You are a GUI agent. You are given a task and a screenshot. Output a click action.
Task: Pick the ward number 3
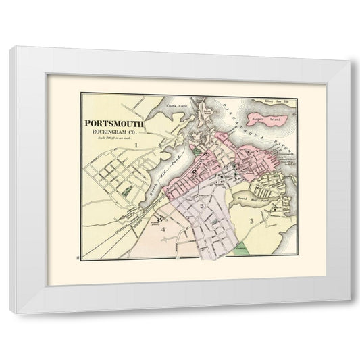tap(251, 221)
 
